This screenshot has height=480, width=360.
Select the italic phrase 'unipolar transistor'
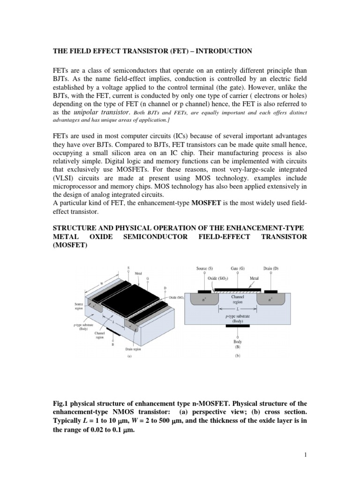100,112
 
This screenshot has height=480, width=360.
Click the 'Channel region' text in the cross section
238,300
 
